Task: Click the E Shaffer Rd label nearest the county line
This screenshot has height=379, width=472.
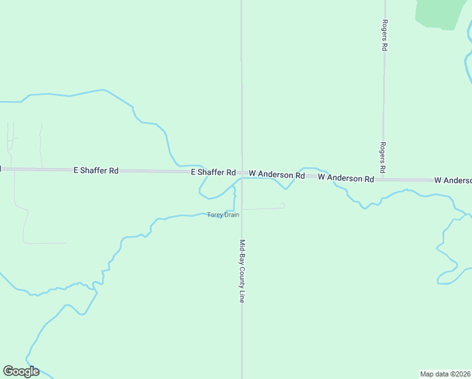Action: (x=213, y=172)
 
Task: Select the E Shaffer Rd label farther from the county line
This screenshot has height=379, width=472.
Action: (x=96, y=171)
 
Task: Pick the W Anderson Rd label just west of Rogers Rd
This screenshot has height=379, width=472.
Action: (x=346, y=178)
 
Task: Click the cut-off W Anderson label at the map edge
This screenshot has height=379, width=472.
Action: (x=452, y=181)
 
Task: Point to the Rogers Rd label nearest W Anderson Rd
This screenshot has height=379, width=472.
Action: (x=382, y=158)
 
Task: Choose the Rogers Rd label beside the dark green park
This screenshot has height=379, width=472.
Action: (x=384, y=35)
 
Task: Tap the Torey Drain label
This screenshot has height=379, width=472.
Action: (x=223, y=215)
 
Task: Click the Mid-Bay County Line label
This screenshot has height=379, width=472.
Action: (x=242, y=271)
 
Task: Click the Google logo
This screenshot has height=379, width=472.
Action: (x=21, y=371)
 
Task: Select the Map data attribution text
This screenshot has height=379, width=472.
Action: (x=445, y=374)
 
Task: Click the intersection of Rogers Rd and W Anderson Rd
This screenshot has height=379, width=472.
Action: (x=383, y=179)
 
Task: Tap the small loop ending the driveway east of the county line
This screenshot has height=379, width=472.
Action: (x=283, y=205)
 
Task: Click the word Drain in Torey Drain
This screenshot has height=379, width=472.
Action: (x=231, y=215)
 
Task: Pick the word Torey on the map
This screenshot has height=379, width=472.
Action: (x=215, y=215)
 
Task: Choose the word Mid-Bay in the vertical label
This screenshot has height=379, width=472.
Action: (x=242, y=251)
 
